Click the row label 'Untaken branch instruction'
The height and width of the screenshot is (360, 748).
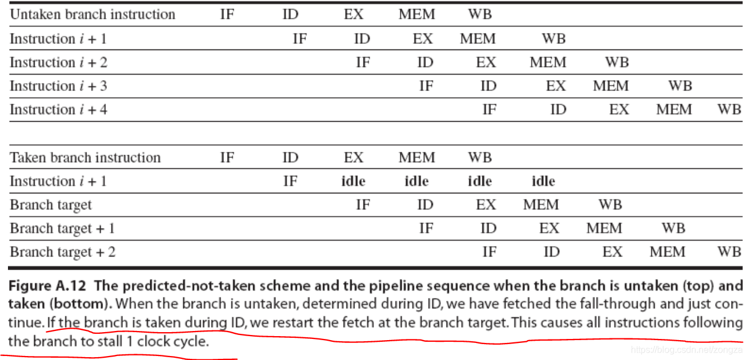(93, 15)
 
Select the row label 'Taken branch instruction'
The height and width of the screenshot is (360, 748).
(85, 158)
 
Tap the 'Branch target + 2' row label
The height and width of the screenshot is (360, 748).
(63, 252)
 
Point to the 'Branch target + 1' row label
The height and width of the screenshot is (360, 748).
(63, 229)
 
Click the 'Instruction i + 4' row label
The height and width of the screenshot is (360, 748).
(59, 110)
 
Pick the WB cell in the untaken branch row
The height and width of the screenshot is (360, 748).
(480, 15)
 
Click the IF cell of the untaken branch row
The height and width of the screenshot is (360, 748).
(227, 15)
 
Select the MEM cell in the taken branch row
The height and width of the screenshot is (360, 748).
(416, 158)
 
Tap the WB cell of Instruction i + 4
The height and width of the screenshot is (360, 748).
(729, 110)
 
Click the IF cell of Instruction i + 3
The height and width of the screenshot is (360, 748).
(426, 86)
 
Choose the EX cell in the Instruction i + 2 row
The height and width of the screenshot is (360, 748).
(486, 63)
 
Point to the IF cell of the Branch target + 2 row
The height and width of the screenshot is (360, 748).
(489, 252)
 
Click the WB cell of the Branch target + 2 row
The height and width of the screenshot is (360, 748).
(729, 252)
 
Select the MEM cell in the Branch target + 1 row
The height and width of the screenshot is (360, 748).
(604, 229)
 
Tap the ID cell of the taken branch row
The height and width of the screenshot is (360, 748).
(290, 158)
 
